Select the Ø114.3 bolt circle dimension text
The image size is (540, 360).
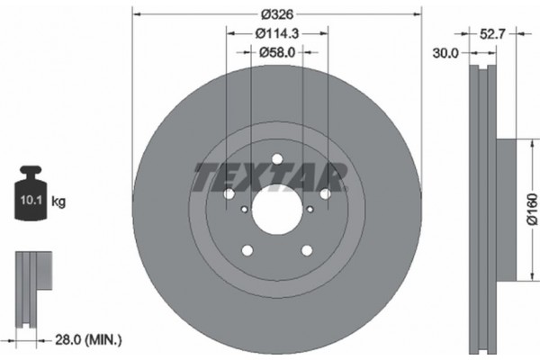[x=276, y=34]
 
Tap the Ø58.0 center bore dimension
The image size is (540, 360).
[x=276, y=53]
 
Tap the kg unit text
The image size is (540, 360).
[x=59, y=202]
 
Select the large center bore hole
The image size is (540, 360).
[x=276, y=209]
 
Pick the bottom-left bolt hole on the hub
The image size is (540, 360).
[x=247, y=251]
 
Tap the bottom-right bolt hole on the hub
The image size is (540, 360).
[x=306, y=251]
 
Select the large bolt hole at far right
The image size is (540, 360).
[x=325, y=194]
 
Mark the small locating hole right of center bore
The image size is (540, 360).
[x=310, y=209]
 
